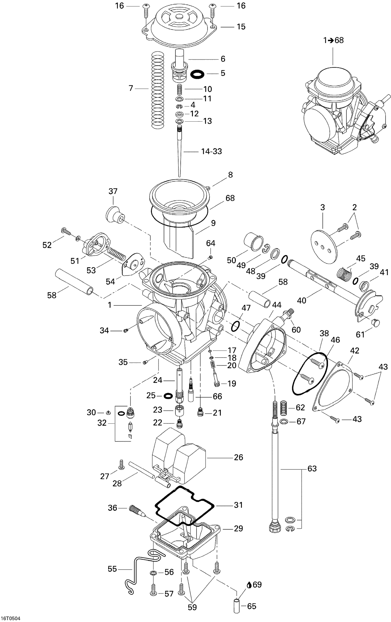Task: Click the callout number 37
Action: [113, 191]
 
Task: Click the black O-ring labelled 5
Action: [197, 74]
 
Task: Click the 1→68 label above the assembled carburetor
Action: [333, 40]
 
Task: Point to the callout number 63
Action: [312, 468]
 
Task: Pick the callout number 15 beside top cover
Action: [241, 27]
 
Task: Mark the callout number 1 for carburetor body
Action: [109, 305]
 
